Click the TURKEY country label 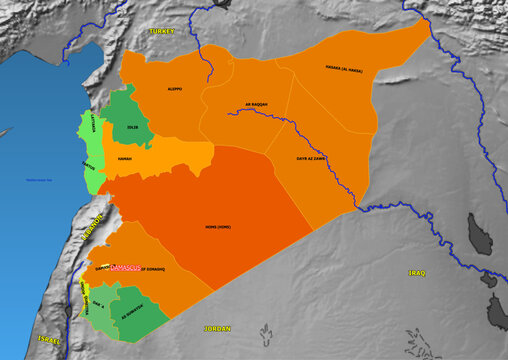(161, 32)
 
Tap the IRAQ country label (418, 272)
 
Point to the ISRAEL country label (49, 340)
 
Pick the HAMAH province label (125, 159)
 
